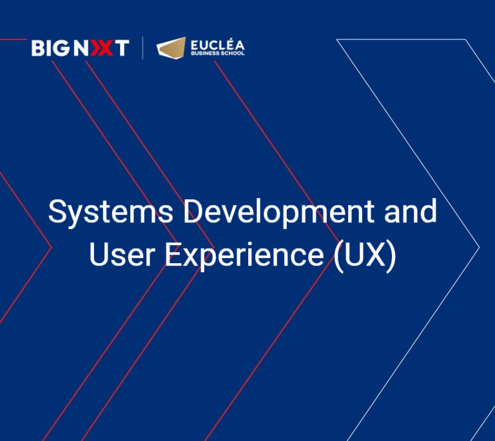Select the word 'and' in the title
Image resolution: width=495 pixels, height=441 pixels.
tap(411, 211)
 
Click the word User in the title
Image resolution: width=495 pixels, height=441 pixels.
tap(122, 255)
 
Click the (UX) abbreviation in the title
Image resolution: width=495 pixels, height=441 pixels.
tap(365, 256)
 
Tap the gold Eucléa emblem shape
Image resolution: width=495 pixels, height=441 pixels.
tap(171, 48)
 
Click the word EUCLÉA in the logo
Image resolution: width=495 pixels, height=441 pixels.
tap(217, 44)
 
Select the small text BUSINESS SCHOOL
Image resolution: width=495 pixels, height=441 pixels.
tap(217, 54)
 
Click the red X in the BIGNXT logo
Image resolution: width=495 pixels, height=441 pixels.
tap(101, 48)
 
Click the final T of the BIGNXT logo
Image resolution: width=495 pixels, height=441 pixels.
tap(122, 48)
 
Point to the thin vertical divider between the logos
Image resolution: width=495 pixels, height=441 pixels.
tap(142, 48)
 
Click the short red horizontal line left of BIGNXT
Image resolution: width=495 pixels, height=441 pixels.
tap(14, 39)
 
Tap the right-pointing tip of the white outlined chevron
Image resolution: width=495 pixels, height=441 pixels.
tap(480, 247)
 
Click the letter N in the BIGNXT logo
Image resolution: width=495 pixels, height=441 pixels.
tap(81, 48)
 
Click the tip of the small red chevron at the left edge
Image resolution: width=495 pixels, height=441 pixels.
tap(51, 247)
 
